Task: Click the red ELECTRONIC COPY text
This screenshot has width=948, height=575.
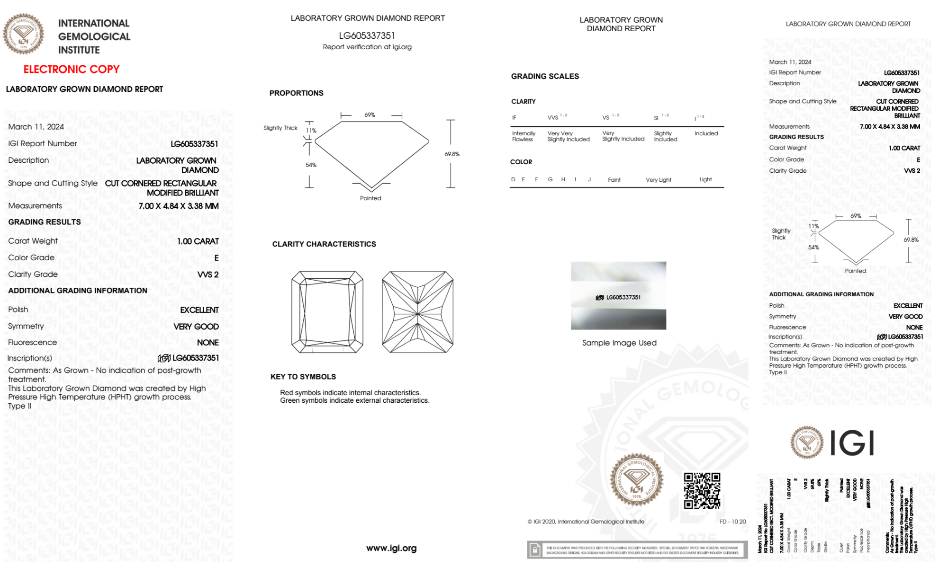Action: pos(72,69)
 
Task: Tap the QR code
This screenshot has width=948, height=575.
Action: pos(702,491)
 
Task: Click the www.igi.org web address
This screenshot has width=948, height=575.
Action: pos(391,548)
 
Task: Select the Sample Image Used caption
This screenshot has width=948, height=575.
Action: pos(619,343)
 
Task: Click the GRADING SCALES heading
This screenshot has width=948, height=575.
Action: pos(545,76)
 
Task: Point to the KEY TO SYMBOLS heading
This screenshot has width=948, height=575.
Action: pos(303,377)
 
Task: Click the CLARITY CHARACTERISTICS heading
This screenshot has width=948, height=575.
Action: pos(324,244)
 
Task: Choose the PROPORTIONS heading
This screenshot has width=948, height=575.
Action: pos(297,93)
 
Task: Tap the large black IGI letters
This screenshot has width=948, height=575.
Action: pos(852,443)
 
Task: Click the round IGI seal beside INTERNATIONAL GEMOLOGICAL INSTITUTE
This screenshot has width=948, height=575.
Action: pos(23,34)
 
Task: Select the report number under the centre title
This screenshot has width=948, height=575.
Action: pos(367,35)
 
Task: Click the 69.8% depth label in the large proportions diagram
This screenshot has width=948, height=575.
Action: pos(452,154)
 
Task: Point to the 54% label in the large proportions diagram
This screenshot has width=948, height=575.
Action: pos(311,165)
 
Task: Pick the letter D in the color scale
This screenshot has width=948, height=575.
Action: pos(513,179)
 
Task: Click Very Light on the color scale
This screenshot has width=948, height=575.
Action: pos(658,180)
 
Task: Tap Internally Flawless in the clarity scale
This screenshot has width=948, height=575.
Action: pos(524,136)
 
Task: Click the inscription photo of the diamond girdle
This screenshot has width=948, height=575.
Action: pos(618,295)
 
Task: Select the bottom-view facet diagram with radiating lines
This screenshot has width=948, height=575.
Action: pos(417,312)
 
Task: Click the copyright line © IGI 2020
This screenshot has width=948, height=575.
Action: pos(586,522)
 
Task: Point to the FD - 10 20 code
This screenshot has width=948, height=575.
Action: pos(732,522)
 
